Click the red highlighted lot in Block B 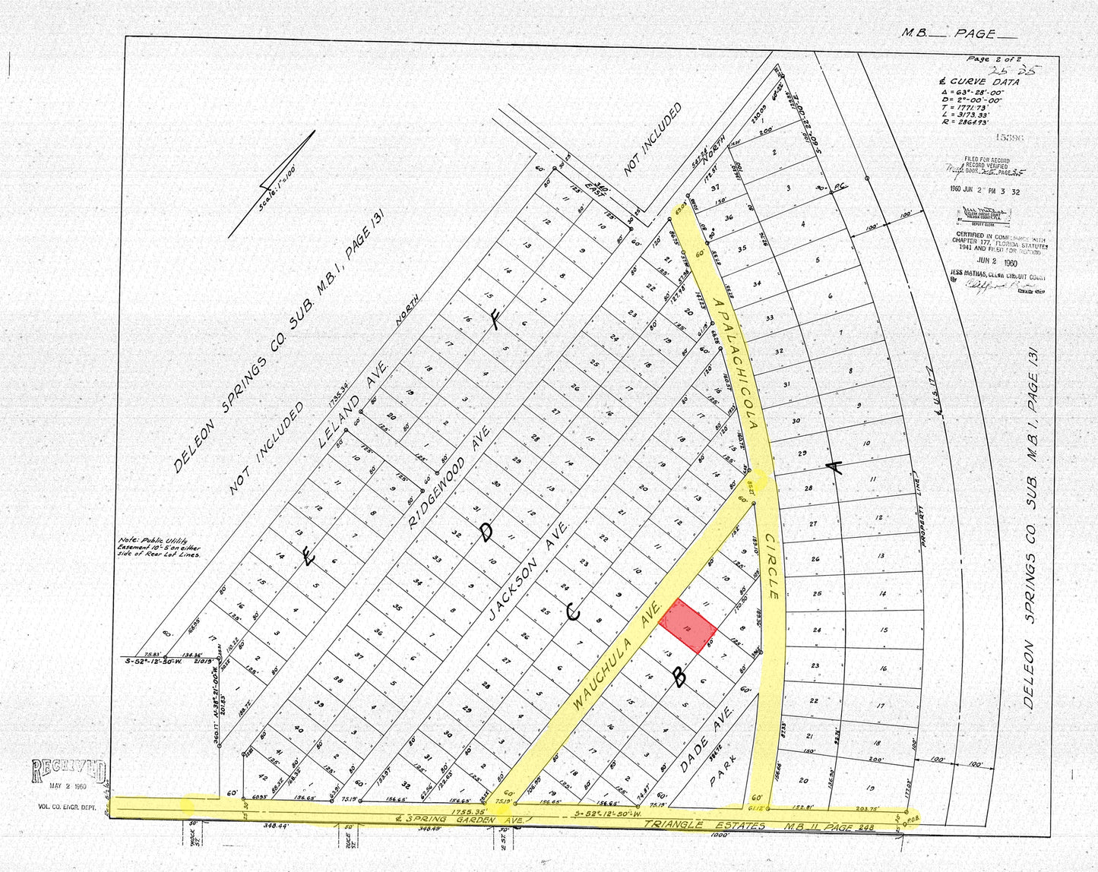coord(688,626)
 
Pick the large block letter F coord(495,322)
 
